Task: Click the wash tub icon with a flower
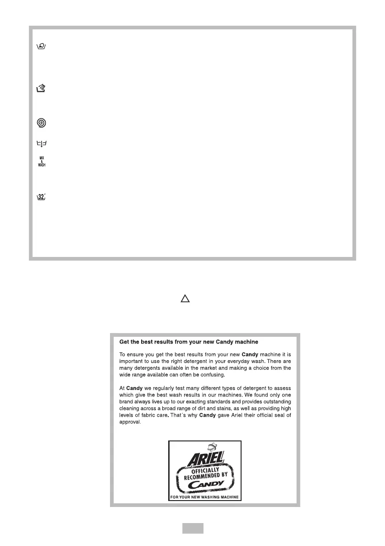coord(42,47)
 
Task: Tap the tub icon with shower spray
coord(42,89)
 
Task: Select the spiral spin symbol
coord(42,123)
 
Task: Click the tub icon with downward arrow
coord(42,144)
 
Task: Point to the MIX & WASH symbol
coord(42,162)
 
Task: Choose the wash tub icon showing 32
coord(42,197)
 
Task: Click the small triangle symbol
coord(185,299)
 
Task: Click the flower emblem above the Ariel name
coord(211,446)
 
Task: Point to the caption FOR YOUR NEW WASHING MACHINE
coord(205,497)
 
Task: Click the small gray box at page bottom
coord(192,529)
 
